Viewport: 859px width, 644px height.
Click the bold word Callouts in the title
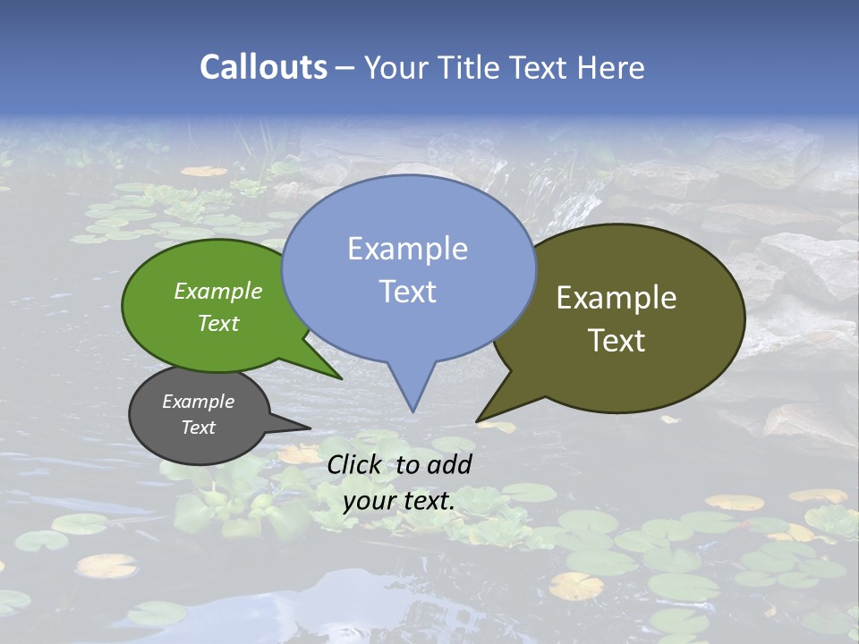(x=263, y=67)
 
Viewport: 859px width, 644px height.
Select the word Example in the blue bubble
(x=407, y=249)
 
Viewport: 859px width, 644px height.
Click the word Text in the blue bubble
(x=407, y=292)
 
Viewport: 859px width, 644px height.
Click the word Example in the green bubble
(x=218, y=291)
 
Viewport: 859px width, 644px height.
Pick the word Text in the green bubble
(x=218, y=323)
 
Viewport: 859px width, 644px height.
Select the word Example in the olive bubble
(x=617, y=298)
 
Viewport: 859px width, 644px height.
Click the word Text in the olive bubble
(x=617, y=341)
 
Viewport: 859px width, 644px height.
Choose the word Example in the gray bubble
(x=199, y=402)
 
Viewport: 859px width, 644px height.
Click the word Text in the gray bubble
(x=199, y=428)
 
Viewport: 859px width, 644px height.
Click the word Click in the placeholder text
(x=355, y=464)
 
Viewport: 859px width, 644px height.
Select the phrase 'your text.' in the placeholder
(x=399, y=501)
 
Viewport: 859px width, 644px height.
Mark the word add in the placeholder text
(x=449, y=464)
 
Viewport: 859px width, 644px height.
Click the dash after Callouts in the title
(x=346, y=67)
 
